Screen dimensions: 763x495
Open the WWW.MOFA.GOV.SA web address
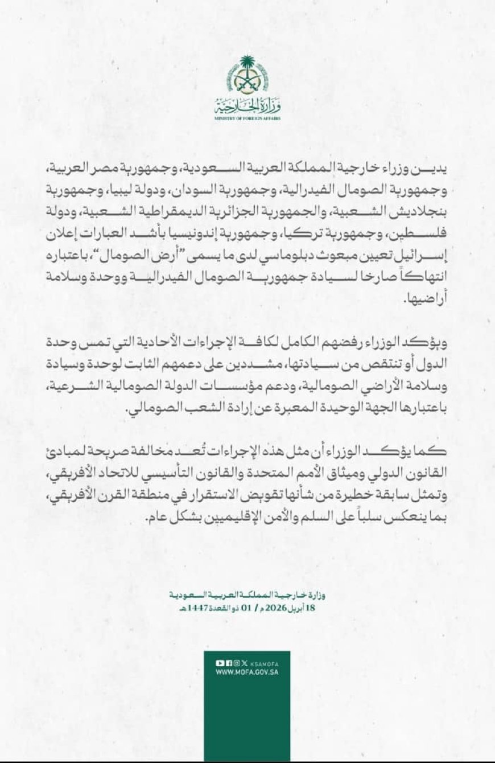pyautogui.click(x=246, y=672)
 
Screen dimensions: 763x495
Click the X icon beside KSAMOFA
pyautogui.click(x=244, y=663)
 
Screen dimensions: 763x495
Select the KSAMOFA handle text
pyautogui.click(x=263, y=663)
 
